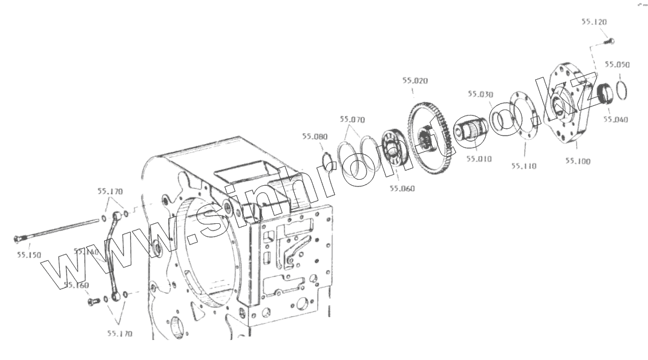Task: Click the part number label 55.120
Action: click(x=594, y=21)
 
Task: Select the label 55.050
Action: click(x=617, y=64)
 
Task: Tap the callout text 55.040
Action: click(x=615, y=119)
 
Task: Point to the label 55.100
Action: click(x=578, y=161)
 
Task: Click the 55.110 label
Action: click(x=523, y=165)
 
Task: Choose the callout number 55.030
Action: click(x=480, y=94)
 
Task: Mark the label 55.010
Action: click(x=479, y=159)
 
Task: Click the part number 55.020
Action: click(x=415, y=80)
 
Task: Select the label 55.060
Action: click(x=402, y=188)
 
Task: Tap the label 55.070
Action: click(x=352, y=119)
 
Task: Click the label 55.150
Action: click(x=28, y=255)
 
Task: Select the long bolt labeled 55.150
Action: click(x=57, y=230)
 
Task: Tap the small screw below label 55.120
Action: click(x=610, y=41)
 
